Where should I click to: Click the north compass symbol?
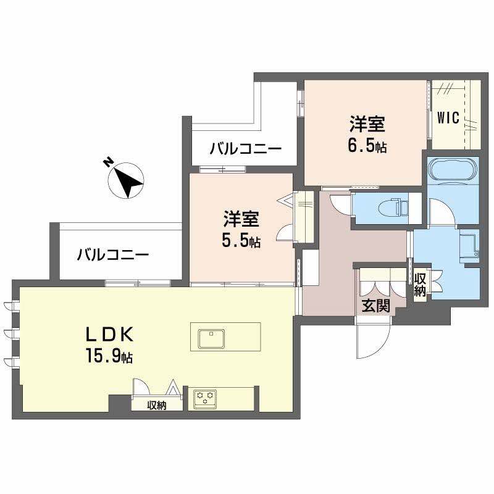125,180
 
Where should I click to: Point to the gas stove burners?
204,397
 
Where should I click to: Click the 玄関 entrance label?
375,306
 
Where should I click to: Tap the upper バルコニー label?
245,149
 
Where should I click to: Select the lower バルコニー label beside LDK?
113,254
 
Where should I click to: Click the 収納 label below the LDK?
157,406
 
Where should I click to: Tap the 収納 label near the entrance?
420,285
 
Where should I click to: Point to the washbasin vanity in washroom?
470,245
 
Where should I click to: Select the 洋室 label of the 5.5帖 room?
241,219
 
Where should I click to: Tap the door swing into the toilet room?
340,203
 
